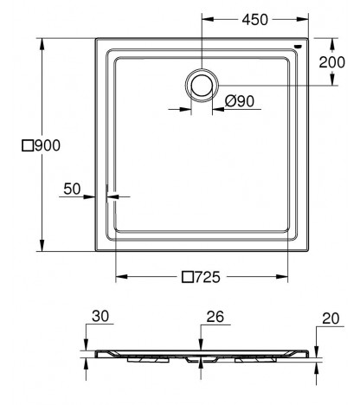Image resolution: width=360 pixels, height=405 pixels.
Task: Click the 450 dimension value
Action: [x=255, y=20]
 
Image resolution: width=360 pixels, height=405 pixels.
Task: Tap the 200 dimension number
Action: [x=331, y=62]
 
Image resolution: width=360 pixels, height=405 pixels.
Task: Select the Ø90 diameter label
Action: [x=240, y=101]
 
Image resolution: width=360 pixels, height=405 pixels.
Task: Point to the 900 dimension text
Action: [x=48, y=145]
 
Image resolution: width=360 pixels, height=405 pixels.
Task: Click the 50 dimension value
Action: [x=72, y=189]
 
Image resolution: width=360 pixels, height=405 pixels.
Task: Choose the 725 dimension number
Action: [x=208, y=277]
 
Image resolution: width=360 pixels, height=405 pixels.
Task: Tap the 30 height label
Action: [x=100, y=316]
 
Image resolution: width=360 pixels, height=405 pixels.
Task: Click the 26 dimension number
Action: [x=215, y=317]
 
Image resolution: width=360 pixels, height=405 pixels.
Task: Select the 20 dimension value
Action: [x=331, y=318]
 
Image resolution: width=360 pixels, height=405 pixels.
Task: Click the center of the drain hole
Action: [x=202, y=85]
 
